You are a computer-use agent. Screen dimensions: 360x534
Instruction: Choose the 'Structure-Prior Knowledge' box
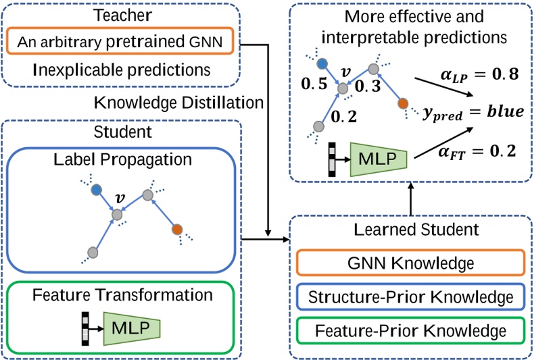click(x=410, y=297)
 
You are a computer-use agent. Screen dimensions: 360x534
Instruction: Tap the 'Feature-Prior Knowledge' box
click(x=410, y=331)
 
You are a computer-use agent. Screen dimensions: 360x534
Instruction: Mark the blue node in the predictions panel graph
click(x=322, y=63)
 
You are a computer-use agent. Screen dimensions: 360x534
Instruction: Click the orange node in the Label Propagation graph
click(x=177, y=229)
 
